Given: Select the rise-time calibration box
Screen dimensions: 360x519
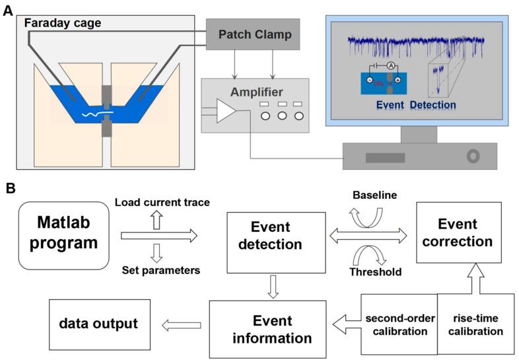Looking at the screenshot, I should pyautogui.click(x=470, y=324).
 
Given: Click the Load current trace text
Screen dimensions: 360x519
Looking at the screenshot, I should pyautogui.click(x=162, y=201).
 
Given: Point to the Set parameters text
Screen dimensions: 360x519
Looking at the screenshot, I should pyautogui.click(x=161, y=269).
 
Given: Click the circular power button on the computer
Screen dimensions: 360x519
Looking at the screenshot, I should pyautogui.click(x=471, y=157).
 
